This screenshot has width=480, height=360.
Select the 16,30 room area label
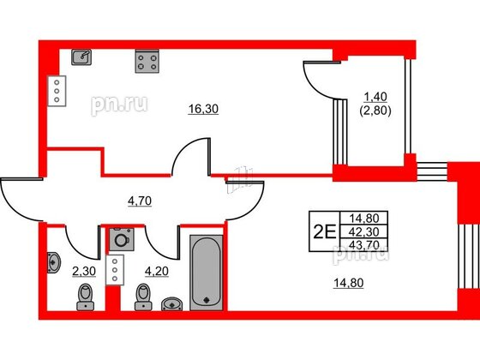tap(201, 109)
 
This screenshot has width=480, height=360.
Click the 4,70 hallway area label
tap(140, 202)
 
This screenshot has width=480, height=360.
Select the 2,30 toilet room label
tap(82, 273)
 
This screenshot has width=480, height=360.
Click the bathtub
tap(206, 269)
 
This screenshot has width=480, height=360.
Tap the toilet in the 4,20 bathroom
tap(141, 298)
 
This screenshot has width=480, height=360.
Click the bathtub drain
tap(206, 299)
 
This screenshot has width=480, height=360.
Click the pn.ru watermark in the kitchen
tap(120, 105)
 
